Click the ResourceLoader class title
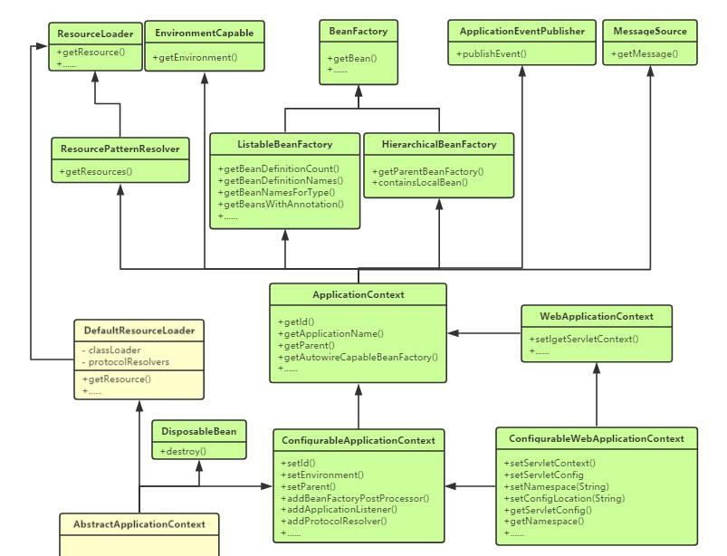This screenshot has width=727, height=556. (x=95, y=34)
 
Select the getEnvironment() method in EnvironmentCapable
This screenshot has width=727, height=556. (x=196, y=58)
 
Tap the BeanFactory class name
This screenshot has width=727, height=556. (x=359, y=32)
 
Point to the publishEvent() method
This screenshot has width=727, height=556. (x=492, y=54)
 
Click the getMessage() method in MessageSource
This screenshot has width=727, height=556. (x=644, y=54)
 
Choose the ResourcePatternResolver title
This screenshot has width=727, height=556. (x=120, y=149)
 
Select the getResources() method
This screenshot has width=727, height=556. (x=96, y=172)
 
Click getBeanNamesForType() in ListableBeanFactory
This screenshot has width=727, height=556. (x=276, y=192)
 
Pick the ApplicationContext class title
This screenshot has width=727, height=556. (x=358, y=295)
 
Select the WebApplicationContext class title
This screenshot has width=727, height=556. (x=596, y=317)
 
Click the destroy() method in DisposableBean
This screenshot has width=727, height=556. (x=184, y=451)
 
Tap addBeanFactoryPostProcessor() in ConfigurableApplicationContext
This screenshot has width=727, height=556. (x=355, y=498)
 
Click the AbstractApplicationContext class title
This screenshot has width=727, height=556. (x=139, y=524)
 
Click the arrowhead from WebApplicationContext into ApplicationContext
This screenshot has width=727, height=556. (x=454, y=333)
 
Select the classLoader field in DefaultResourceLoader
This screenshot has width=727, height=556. (x=111, y=350)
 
